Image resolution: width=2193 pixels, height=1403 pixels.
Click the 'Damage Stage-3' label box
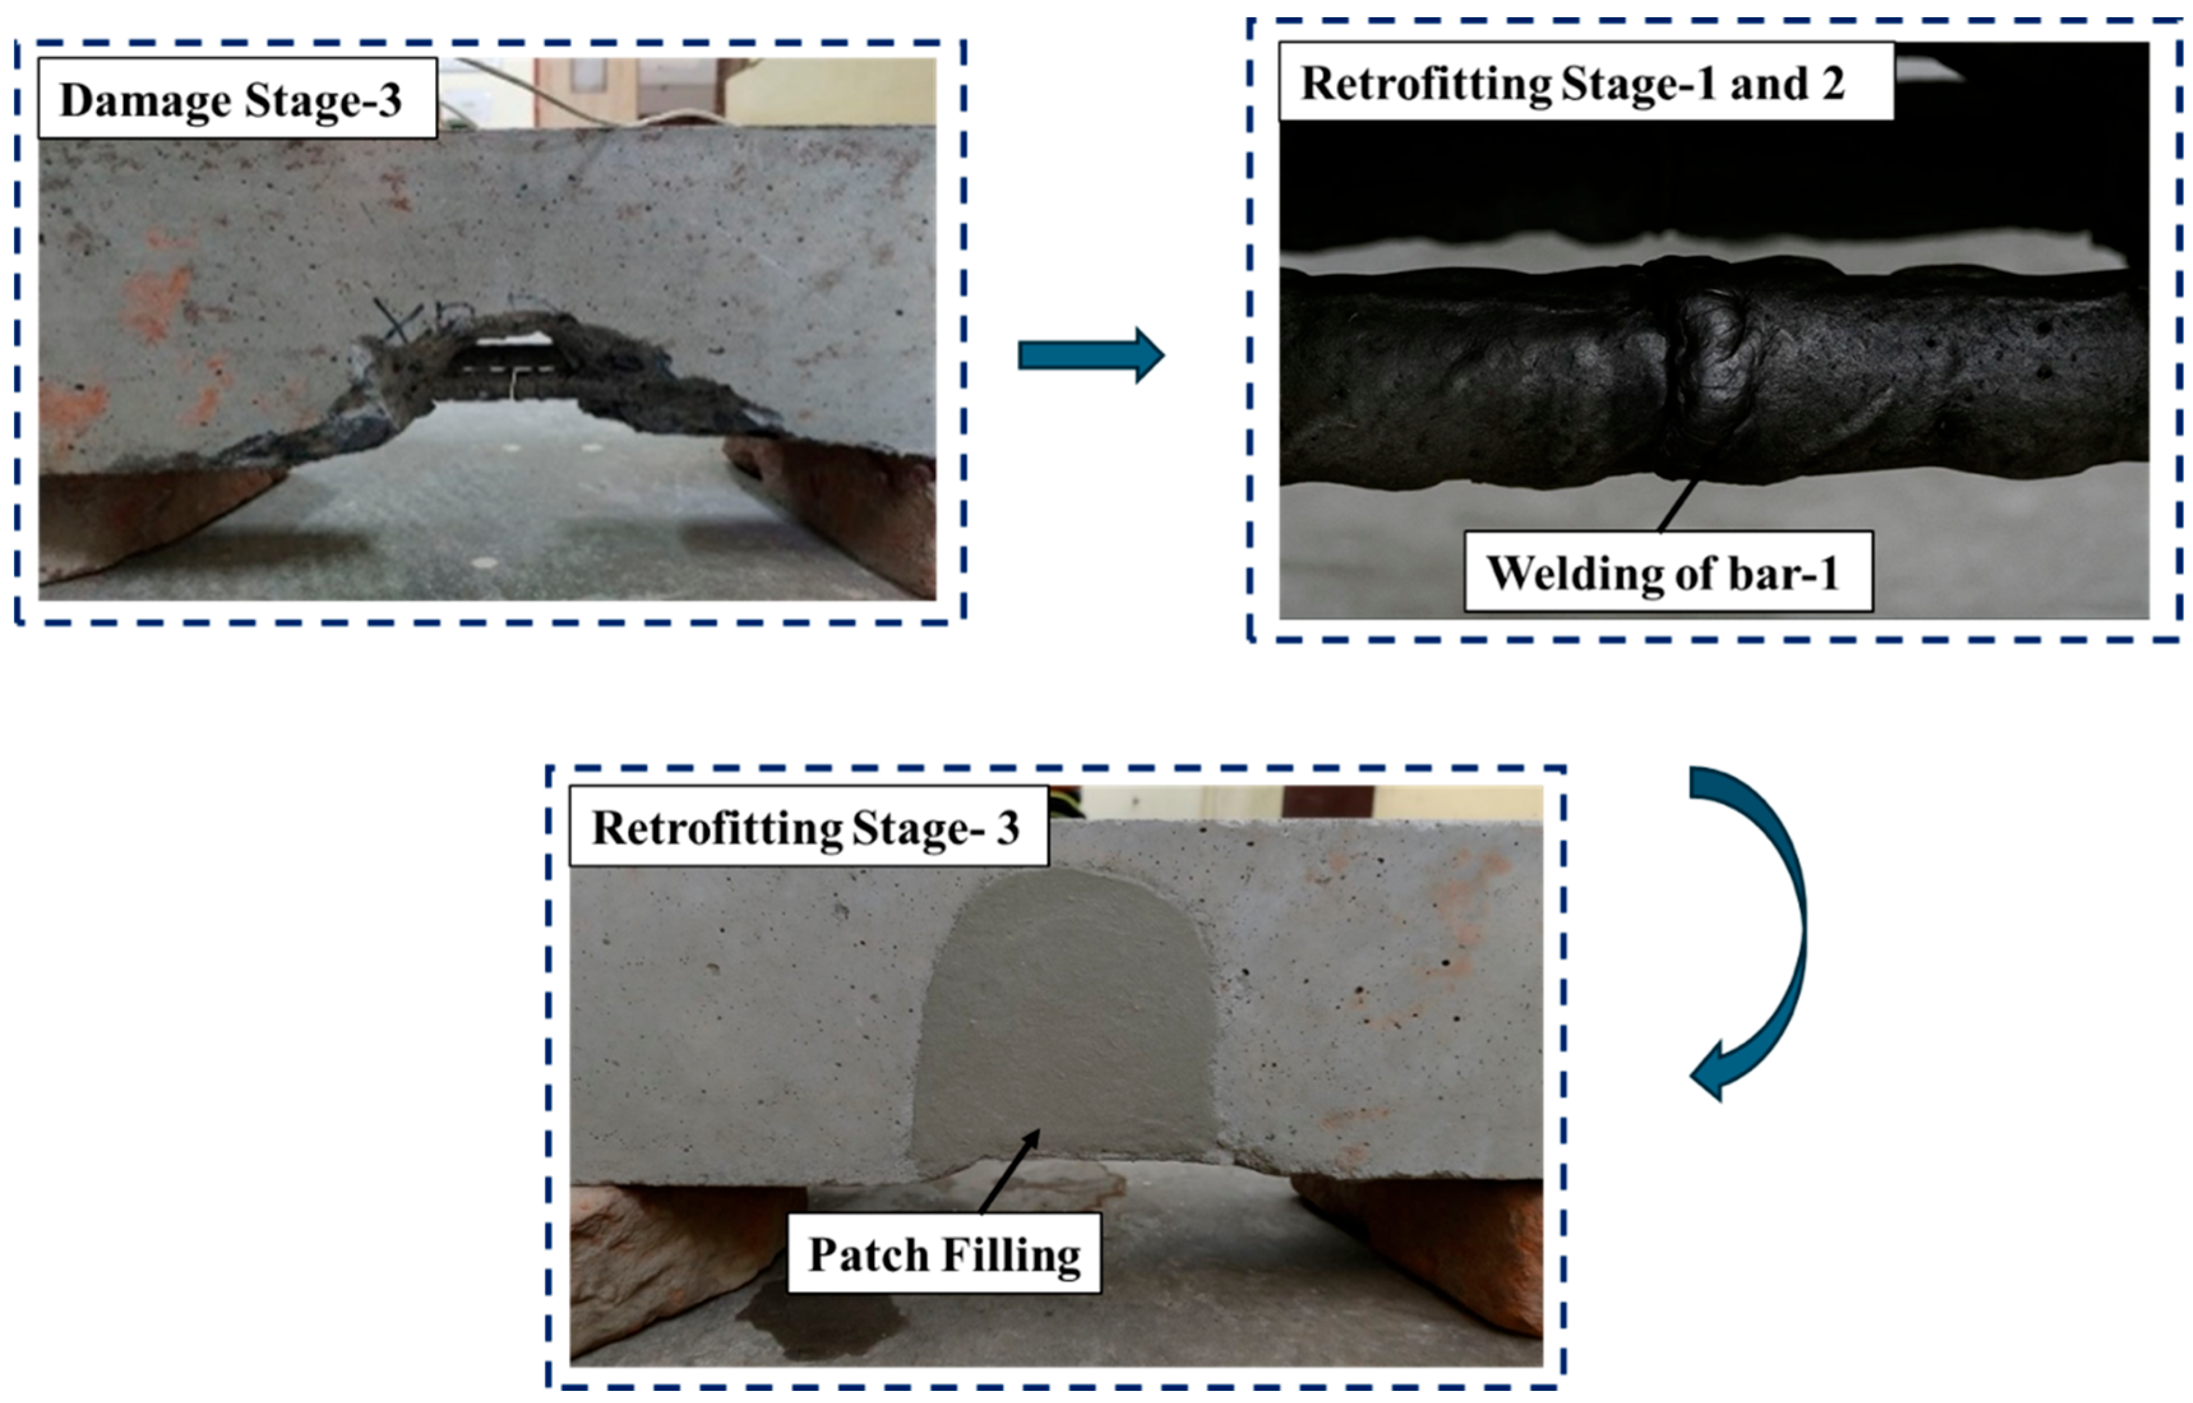pos(237,98)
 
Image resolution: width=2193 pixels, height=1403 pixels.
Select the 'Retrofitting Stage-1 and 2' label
pos(1586,83)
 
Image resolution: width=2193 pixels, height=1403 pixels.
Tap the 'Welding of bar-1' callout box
pos(1667,572)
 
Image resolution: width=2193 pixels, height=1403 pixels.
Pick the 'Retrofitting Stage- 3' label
pos(808,826)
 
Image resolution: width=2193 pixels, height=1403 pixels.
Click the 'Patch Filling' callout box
pos(944,1254)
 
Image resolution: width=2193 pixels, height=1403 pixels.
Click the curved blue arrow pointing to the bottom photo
pos(1754,929)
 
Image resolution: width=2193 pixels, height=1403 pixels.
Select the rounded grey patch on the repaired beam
pos(1066,1020)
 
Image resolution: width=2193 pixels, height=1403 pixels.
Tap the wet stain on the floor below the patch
pos(820,1321)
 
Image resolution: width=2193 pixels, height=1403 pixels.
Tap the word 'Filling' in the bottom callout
pos(1011,1254)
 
